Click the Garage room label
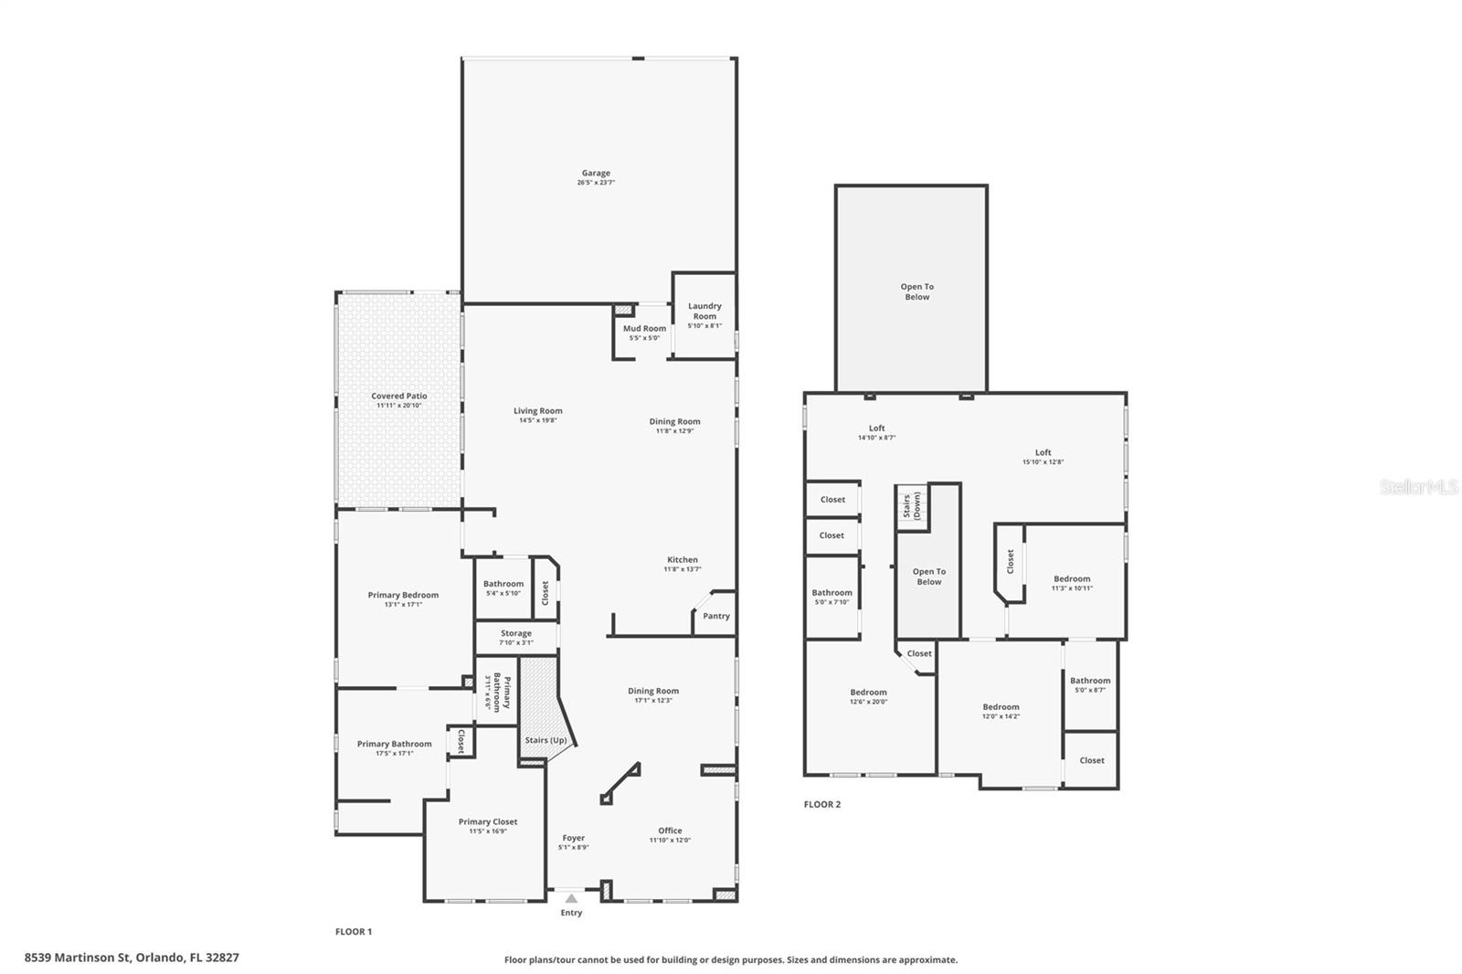coord(596,173)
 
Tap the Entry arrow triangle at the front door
coord(571,898)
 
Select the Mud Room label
coord(644,328)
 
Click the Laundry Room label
coord(705,311)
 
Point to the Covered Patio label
coord(399,396)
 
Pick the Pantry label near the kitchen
coord(716,616)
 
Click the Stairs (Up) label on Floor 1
coord(546,740)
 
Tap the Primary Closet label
coord(488,821)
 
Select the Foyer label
coord(573,838)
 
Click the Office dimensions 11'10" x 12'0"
coord(670,841)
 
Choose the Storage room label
coord(515,633)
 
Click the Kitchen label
coord(682,559)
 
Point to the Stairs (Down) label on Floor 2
coord(911,506)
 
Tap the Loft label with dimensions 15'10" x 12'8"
coord(1043,452)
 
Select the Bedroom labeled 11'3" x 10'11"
coord(1072,578)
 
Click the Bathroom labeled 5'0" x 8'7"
coord(1090,680)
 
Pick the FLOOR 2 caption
coord(821,804)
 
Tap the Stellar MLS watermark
coord(1418,488)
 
